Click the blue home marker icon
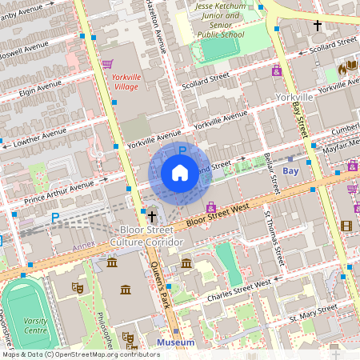tap(180, 173)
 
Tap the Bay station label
tap(290, 171)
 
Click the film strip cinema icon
tap(346, 226)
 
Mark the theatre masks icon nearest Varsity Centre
tap(78, 286)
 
